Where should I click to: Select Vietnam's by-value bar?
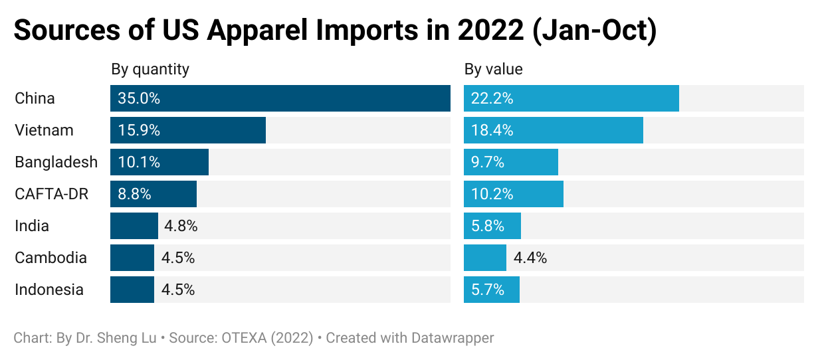tap(553, 130)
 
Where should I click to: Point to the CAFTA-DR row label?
tap(52, 194)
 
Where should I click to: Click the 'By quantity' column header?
tap(150, 69)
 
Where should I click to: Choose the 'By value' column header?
tap(493, 69)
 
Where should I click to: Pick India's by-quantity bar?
tap(134, 226)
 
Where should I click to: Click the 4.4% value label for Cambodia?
tap(530, 258)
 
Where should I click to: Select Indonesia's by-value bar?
tap(492, 290)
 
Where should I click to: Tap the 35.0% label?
tap(139, 98)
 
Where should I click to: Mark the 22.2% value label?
tap(492, 98)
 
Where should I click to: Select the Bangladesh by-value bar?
tap(510, 162)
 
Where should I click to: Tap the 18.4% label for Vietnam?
tap(492, 130)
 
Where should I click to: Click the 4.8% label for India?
tap(181, 226)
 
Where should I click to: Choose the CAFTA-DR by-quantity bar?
tap(154, 194)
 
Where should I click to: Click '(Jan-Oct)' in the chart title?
tap(595, 32)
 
